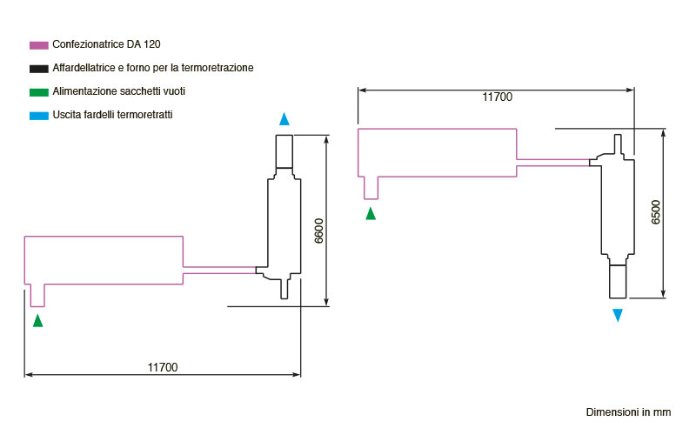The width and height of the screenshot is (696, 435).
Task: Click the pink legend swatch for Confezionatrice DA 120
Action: click(38, 45)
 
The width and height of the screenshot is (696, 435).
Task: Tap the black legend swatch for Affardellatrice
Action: click(38, 69)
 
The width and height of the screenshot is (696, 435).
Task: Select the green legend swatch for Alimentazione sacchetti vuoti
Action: click(38, 92)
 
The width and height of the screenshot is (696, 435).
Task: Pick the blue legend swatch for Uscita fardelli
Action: click(38, 116)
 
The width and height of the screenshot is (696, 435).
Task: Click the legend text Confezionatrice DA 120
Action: click(106, 44)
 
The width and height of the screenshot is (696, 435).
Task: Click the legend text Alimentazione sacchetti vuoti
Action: click(118, 91)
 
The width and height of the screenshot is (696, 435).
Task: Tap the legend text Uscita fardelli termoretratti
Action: click(112, 115)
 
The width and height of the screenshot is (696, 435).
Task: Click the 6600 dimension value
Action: click(318, 231)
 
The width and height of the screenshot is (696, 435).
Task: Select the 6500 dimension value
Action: click(656, 212)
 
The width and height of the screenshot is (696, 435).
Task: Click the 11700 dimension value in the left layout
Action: click(163, 367)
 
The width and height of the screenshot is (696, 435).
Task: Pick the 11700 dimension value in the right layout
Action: click(497, 97)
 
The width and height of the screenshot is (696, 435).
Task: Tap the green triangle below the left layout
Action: click(37, 321)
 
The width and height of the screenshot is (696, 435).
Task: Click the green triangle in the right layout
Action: click(371, 213)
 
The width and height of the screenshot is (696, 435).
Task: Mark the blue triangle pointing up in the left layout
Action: click(284, 119)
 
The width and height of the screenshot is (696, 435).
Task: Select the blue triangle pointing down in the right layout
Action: click(618, 315)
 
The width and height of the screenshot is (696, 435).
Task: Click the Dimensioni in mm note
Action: click(628, 412)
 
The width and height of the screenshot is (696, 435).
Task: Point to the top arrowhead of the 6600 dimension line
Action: click(326, 140)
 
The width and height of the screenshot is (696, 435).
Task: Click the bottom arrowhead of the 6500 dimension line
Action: click(663, 293)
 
